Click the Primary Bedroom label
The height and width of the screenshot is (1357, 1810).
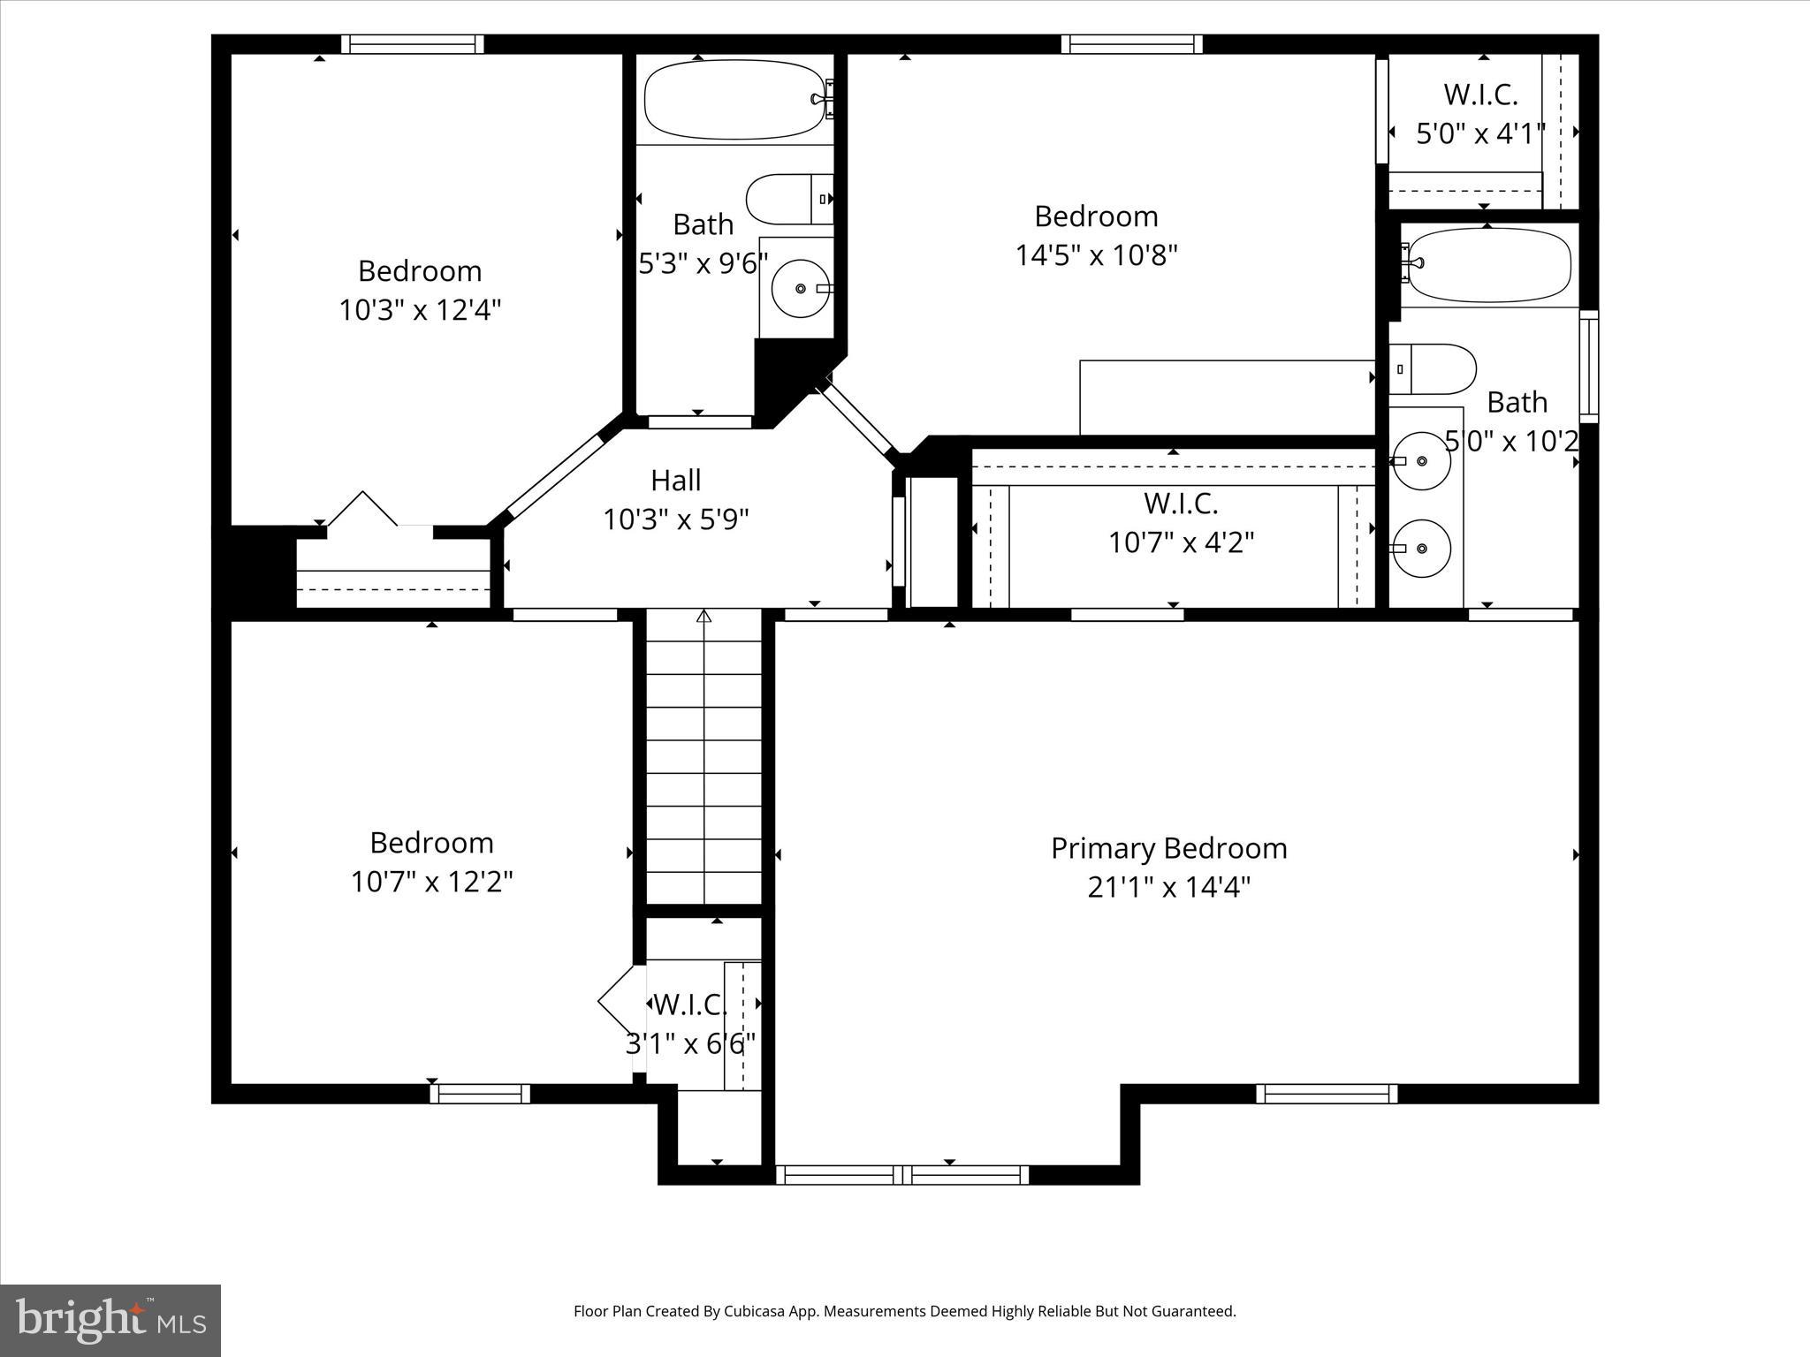coord(1168,848)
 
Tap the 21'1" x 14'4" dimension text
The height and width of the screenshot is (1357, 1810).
coord(1168,887)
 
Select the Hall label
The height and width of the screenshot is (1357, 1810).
coord(676,481)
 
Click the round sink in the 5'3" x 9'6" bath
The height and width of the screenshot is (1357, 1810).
coord(801,288)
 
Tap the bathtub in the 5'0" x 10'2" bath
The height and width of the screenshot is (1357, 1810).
coord(1490,264)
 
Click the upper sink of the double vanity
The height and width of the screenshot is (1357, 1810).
coord(1421,461)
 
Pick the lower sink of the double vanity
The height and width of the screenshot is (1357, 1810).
coord(1421,549)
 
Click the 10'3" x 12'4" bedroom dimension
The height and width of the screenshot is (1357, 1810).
coord(420,310)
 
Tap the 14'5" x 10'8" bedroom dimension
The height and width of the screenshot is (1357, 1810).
coord(1096,255)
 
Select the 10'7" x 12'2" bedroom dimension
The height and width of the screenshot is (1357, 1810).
coord(431,882)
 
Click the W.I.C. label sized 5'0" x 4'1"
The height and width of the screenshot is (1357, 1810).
coord(1480,95)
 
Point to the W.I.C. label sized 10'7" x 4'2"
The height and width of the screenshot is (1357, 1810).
coord(1181,504)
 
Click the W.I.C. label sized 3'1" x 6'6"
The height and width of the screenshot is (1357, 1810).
coord(690,1004)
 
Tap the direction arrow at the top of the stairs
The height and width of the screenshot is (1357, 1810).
coord(703,616)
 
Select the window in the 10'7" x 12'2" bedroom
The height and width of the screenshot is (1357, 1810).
coord(480,1094)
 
